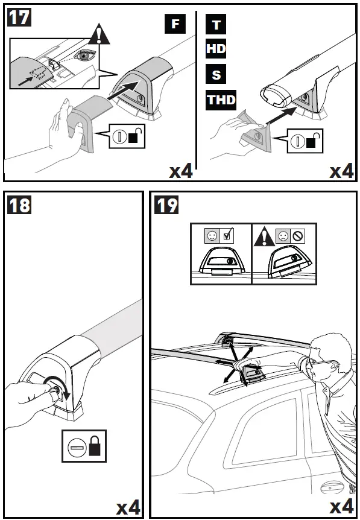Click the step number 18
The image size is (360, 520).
click(x=19, y=205)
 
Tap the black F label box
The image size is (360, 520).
click(x=175, y=24)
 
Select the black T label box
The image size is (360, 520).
click(x=216, y=24)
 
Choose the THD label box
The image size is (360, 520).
click(x=221, y=100)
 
